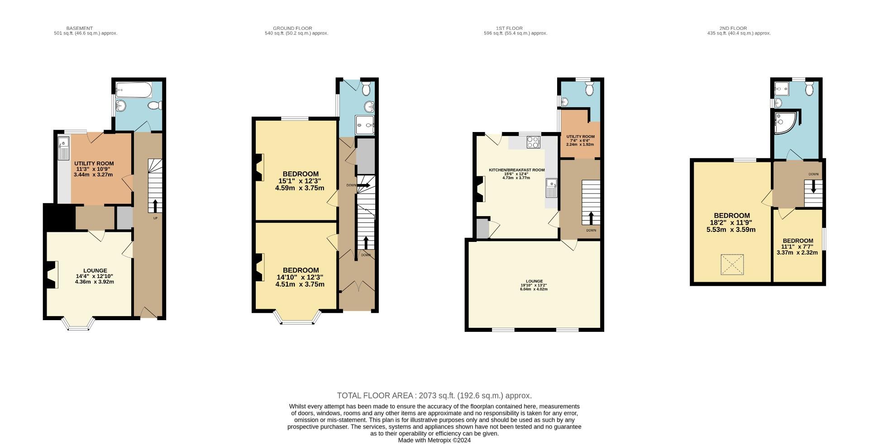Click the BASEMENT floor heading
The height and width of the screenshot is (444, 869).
79,28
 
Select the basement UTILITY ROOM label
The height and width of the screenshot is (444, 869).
94,164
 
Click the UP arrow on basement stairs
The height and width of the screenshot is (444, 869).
155,206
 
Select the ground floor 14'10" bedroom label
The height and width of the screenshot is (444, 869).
300,270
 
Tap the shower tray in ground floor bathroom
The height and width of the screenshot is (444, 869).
365,125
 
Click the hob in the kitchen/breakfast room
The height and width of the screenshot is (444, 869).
533,142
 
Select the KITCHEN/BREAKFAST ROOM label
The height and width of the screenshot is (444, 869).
516,170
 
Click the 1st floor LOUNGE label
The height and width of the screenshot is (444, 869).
534,281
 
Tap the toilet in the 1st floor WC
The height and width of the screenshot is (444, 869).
589,89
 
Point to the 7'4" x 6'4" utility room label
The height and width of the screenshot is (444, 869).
580,140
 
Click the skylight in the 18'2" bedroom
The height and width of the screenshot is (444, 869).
732,265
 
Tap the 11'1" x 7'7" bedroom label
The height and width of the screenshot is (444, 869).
797,246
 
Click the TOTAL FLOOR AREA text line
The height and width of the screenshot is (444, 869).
434,396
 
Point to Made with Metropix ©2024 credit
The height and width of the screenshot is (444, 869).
434,440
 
